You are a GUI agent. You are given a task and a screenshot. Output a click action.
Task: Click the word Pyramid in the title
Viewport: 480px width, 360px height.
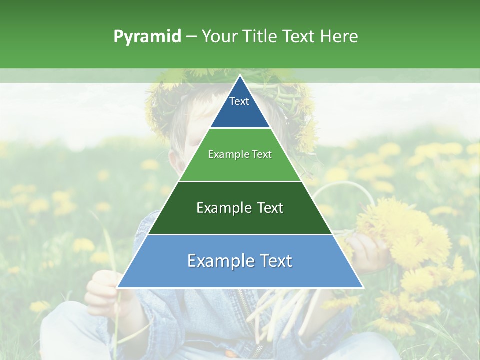tap(147, 37)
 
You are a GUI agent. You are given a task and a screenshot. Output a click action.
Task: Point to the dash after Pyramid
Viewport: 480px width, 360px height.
tap(191, 37)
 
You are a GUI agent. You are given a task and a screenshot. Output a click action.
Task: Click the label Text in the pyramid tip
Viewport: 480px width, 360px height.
tap(239, 101)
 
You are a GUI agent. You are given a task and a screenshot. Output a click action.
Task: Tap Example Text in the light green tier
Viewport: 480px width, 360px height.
tap(240, 154)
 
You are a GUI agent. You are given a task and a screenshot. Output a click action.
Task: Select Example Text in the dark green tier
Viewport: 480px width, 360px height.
tap(240, 208)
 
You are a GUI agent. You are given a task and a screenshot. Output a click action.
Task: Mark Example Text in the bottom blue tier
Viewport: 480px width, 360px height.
tap(240, 261)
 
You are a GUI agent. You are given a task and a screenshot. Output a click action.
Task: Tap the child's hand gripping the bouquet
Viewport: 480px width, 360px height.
tap(367, 252)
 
